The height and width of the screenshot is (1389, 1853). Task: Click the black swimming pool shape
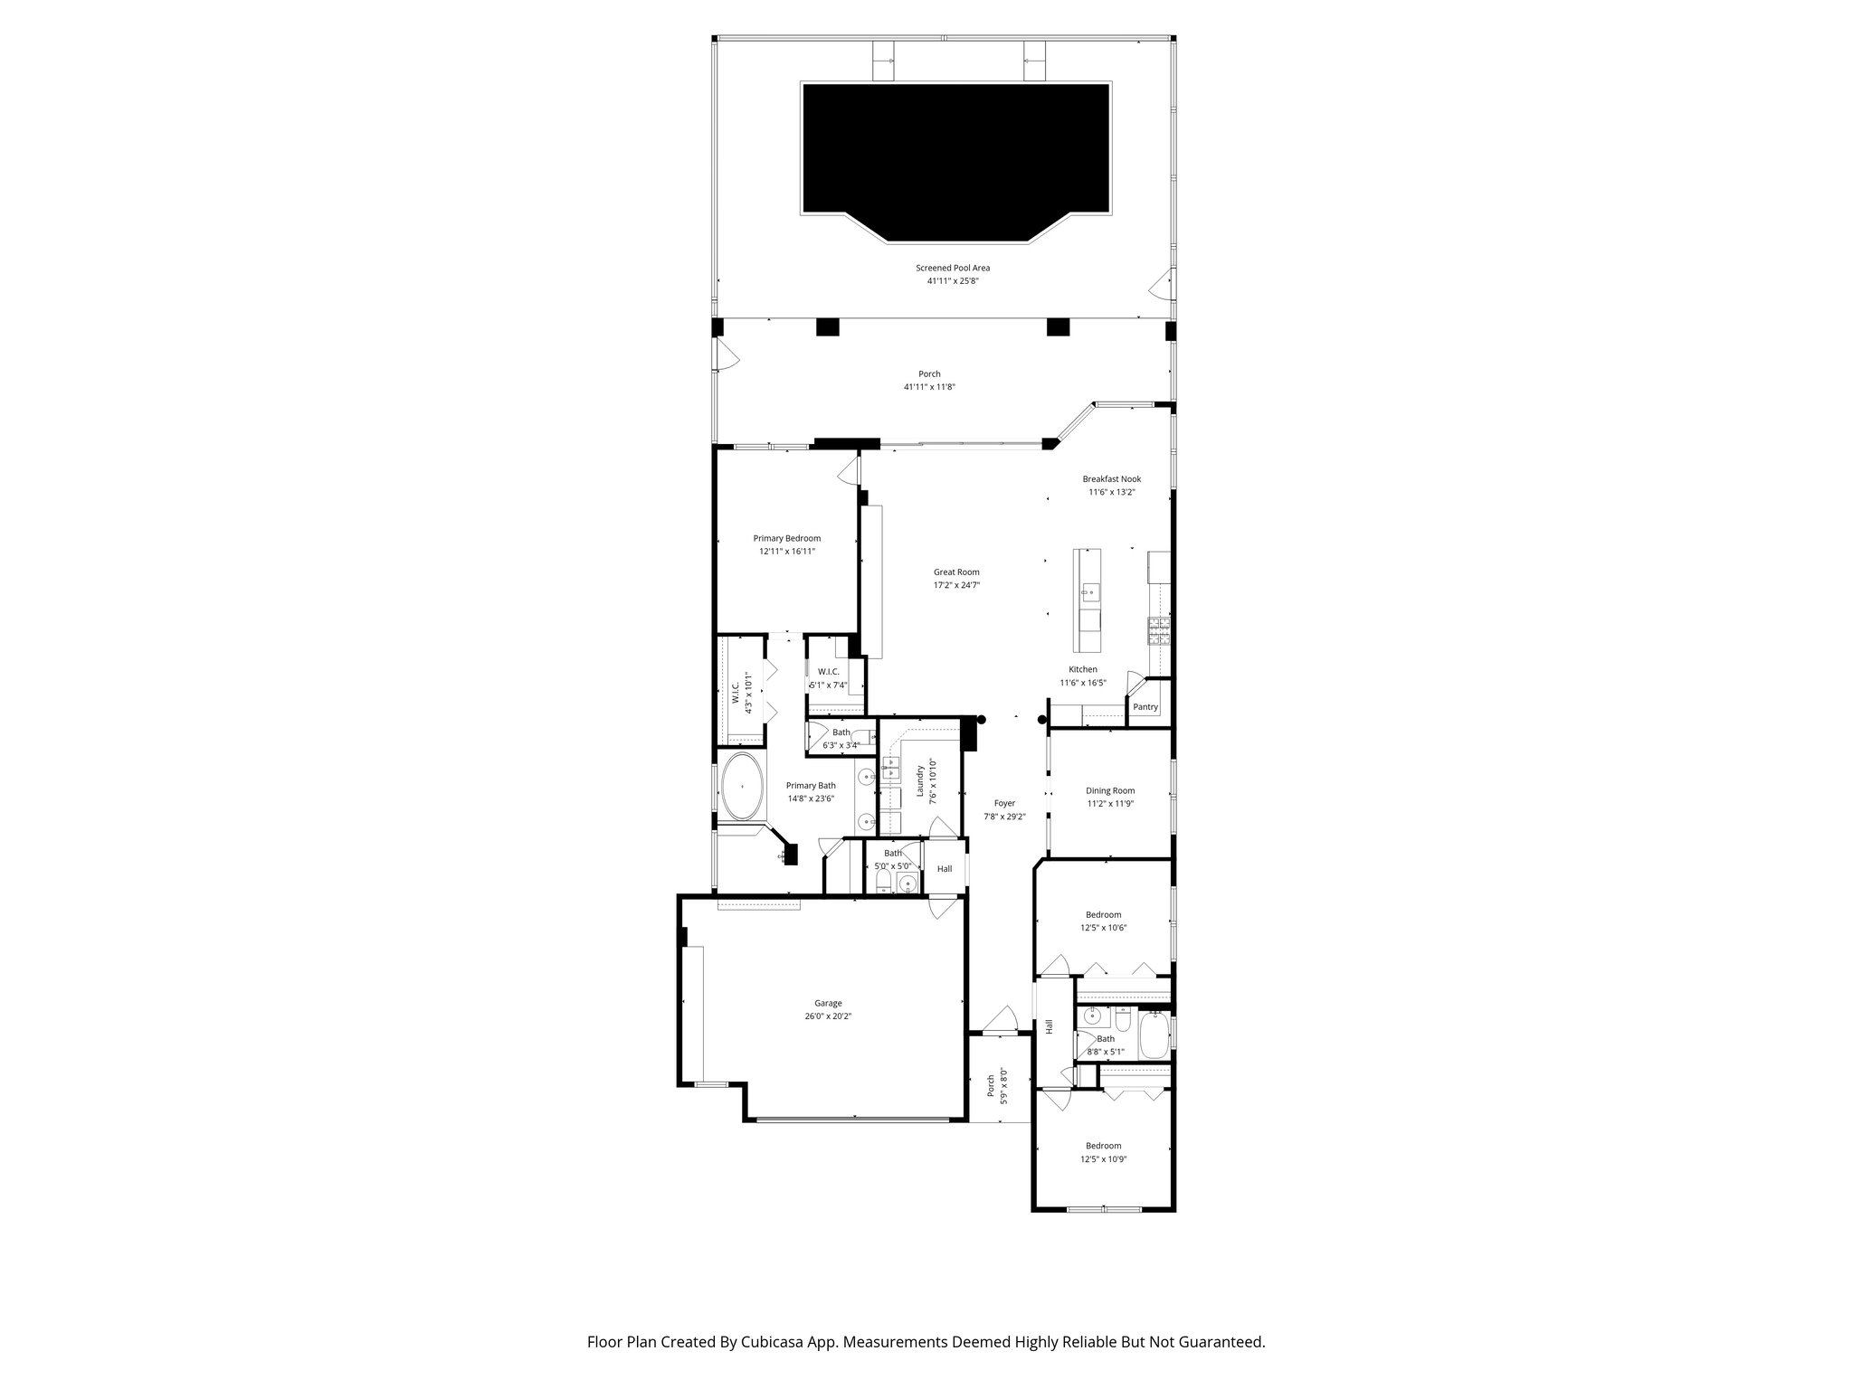pos(955,154)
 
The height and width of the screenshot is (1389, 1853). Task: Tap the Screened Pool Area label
pos(953,268)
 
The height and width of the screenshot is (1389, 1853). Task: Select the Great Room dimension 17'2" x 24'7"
pos(956,585)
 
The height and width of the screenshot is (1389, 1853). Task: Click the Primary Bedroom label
pos(786,538)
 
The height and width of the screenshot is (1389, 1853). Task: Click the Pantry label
pos(1145,707)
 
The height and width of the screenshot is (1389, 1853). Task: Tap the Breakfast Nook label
pos(1111,479)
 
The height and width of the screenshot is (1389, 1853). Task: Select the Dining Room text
pos(1110,790)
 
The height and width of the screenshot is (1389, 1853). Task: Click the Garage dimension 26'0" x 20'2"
pos(828,1016)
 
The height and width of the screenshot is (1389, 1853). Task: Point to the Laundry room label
pos(919,781)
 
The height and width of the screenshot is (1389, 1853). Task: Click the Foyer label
pos(1004,803)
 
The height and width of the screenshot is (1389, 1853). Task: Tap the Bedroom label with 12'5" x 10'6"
pos(1103,914)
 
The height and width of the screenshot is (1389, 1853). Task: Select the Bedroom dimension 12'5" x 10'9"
pos(1103,1158)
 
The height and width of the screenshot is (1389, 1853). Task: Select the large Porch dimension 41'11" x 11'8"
pos(929,387)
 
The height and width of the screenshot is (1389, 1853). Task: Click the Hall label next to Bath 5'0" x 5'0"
pos(944,869)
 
